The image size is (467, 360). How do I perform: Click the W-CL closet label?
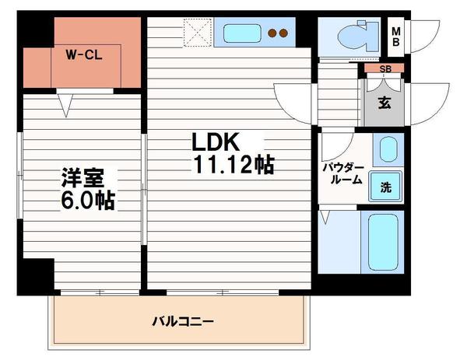coord(82,56)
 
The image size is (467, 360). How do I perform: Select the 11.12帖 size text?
coord(230,166)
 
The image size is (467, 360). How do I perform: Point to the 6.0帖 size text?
coord(89,201)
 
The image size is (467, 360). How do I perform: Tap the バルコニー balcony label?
coord(182,320)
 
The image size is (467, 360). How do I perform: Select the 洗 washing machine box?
coord(386,187)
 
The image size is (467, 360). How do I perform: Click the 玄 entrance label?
coord(384,102)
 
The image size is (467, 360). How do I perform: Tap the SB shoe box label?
coord(384,69)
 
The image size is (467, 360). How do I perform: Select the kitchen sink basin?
coord(242,33)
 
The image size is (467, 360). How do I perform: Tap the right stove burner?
coord(285,33)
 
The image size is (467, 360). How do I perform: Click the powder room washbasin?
coord(387,149)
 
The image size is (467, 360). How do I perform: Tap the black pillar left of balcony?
coord(37,279)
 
